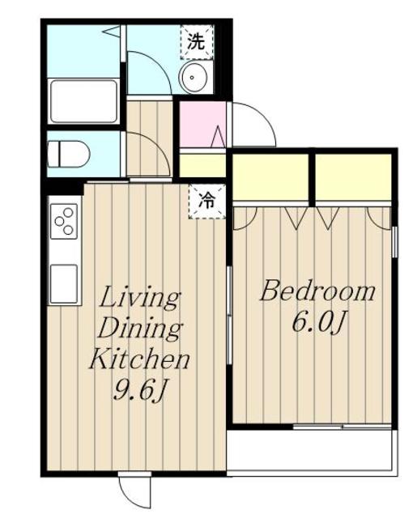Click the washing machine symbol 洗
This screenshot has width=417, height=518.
(197, 42)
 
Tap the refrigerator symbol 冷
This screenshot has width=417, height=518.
(206, 202)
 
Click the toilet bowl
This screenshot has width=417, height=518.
(69, 154)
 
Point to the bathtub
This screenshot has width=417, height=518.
(83, 101)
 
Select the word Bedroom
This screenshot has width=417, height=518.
(317, 291)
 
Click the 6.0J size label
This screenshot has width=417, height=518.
(318, 322)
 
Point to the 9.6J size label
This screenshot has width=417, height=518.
(139, 389)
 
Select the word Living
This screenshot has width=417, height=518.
(140, 298)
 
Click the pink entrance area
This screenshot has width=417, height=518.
(202, 125)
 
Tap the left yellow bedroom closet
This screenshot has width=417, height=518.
(270, 177)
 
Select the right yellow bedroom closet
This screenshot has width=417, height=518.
(353, 177)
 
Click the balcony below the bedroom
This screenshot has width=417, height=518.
(311, 452)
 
